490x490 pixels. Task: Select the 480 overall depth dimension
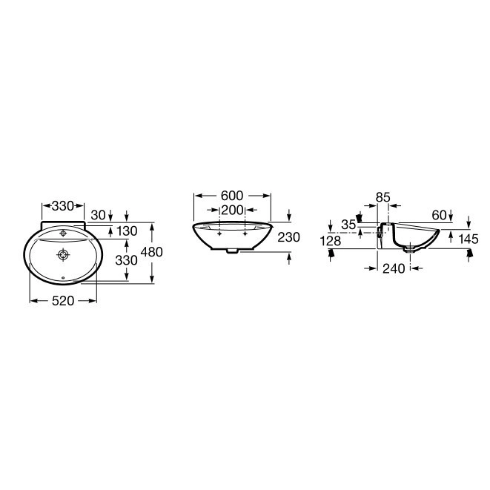click(x=151, y=252)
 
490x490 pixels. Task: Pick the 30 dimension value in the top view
click(x=98, y=215)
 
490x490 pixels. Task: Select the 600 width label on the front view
click(x=232, y=196)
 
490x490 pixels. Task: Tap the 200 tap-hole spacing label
click(x=232, y=211)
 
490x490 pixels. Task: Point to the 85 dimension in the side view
click(x=383, y=197)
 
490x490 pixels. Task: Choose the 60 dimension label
click(x=439, y=215)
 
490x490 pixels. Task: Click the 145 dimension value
click(x=469, y=239)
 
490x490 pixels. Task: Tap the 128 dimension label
click(x=331, y=240)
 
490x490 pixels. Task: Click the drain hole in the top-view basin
click(x=63, y=256)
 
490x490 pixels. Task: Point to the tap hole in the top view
click(x=63, y=233)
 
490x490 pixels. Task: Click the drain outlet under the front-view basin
click(x=232, y=251)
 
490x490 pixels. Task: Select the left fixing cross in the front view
click(x=219, y=233)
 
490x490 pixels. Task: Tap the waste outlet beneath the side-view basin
click(x=408, y=249)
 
